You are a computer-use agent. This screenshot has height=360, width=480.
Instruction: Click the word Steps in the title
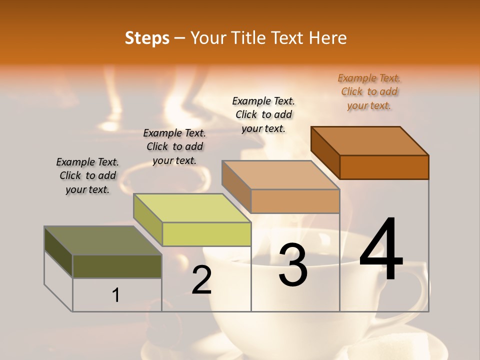point(146,38)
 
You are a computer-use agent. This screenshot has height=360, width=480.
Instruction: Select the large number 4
point(381,249)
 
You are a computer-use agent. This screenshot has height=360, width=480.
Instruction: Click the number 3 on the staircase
point(293,264)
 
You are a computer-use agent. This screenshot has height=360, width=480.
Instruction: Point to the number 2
point(201,280)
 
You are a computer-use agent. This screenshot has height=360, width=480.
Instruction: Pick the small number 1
point(116,295)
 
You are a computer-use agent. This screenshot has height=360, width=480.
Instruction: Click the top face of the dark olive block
point(102,240)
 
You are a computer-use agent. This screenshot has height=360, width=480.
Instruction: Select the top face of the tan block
point(280,175)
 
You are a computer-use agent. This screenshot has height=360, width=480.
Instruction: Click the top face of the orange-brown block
point(369,141)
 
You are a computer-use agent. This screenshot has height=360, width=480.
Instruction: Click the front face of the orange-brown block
point(384,167)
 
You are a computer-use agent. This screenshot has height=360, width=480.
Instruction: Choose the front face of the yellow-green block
point(206,234)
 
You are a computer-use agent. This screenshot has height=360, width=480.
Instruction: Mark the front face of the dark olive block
point(117,266)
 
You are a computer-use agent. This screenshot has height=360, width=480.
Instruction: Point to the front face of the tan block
point(295,201)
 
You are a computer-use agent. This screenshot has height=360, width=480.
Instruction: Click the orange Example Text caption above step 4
point(369,91)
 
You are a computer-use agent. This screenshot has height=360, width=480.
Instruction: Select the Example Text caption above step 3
point(263,114)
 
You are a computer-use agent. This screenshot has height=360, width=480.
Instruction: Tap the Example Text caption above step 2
point(174,146)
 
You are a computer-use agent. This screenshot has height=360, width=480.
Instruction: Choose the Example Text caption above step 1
point(87,175)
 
